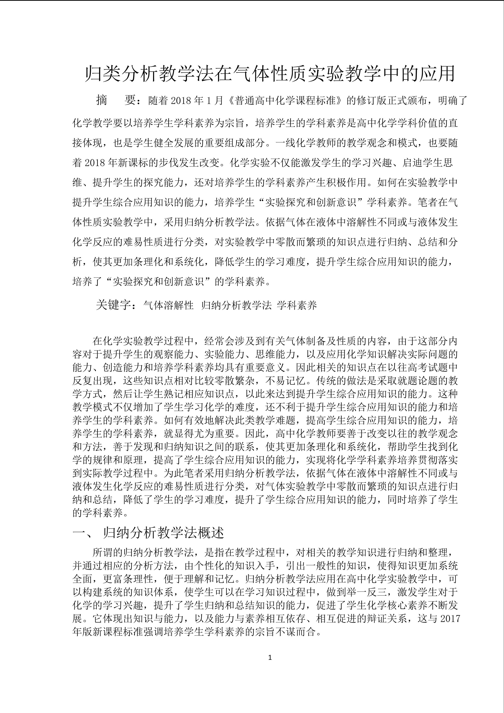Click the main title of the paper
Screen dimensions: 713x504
coord(270,74)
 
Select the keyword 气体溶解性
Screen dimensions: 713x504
coord(168,306)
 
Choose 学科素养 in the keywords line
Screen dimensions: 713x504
coord(297,306)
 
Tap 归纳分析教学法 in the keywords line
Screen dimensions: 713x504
coord(236,306)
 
